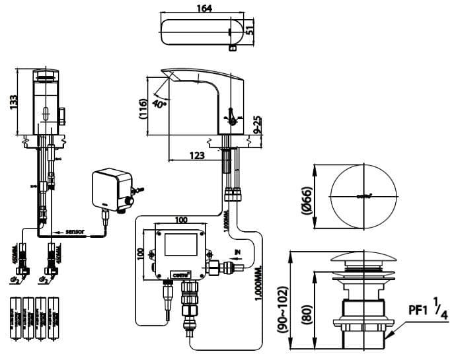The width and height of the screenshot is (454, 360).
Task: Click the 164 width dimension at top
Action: [204, 9]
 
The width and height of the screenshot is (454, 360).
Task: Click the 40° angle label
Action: [159, 104]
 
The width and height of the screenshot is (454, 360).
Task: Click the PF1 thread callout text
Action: [417, 308]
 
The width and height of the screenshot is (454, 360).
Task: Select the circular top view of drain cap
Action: [365, 196]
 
